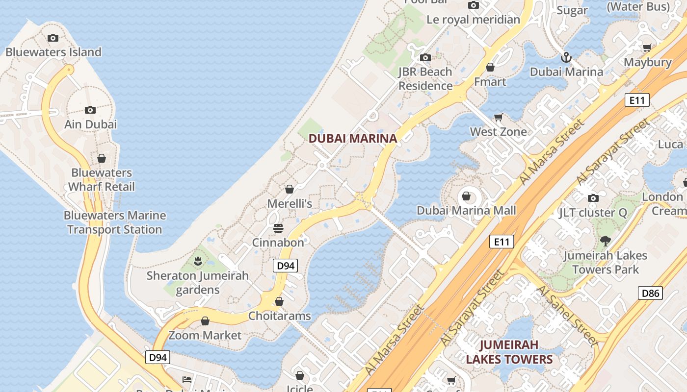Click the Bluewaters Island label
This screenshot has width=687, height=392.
(53, 52)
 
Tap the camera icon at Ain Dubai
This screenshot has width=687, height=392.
(90, 110)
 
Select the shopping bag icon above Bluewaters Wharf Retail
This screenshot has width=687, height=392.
(102, 158)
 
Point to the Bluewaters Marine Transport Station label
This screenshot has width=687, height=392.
(114, 222)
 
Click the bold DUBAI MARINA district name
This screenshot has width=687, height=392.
(352, 139)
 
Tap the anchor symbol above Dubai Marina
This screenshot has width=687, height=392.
(566, 58)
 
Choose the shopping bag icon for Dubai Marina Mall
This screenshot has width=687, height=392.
(466, 196)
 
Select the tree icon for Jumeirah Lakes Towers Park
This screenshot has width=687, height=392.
(605, 241)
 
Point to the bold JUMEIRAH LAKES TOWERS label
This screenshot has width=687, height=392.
(509, 352)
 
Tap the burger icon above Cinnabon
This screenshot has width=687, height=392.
(278, 228)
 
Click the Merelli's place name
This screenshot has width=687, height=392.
(290, 203)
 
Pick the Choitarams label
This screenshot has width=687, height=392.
(280, 316)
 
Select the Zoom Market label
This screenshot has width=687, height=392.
(205, 336)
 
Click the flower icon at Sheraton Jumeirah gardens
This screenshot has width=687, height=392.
(198, 261)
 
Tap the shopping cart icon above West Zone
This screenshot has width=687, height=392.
(499, 117)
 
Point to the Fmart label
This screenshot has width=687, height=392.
(490, 81)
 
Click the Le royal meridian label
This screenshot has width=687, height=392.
(473, 20)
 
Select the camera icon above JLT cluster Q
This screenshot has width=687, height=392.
(593, 198)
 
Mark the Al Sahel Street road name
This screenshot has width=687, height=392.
(567, 316)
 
